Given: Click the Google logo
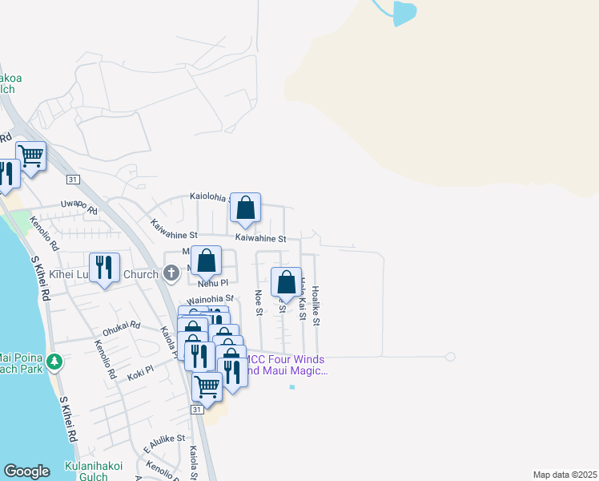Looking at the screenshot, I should click(x=26, y=471).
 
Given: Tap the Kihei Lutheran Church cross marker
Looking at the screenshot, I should click(x=170, y=274).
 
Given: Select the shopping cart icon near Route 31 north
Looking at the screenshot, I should click(x=30, y=156).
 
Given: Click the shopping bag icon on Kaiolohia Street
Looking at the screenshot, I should click(x=246, y=208).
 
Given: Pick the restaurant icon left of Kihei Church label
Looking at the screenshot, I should click(x=104, y=269).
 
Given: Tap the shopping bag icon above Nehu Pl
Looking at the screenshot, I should click(x=207, y=261).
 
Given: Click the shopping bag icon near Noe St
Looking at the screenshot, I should click(x=286, y=283).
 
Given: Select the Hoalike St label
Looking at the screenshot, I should click(x=316, y=305).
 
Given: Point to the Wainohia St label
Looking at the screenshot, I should click(x=205, y=299).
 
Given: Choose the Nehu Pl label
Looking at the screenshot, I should click(x=213, y=283).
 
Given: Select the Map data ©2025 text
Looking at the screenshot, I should click(x=565, y=475).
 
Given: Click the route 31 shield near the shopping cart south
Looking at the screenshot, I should click(x=197, y=409).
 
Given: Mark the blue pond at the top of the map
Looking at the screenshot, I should click(x=405, y=12).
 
